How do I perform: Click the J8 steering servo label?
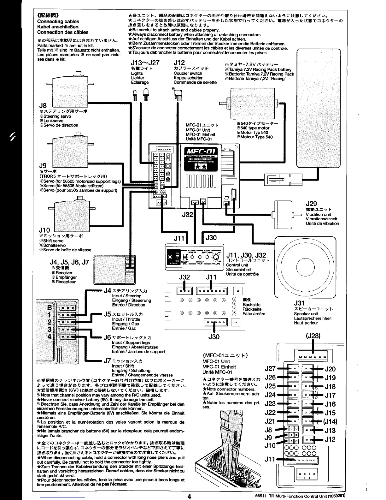43,105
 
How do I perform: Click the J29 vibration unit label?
311,204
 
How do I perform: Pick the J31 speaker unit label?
299,304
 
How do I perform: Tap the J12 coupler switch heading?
179,63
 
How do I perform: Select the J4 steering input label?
108,290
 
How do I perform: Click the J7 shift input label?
108,360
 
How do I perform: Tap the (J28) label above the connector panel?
313,336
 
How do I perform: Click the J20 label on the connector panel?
330,369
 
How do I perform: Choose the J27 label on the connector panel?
270,368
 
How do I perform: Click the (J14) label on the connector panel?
330,421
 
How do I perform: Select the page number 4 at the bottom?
189,496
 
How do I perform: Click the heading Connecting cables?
58,21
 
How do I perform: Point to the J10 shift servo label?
45,230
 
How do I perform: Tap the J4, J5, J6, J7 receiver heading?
70,262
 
